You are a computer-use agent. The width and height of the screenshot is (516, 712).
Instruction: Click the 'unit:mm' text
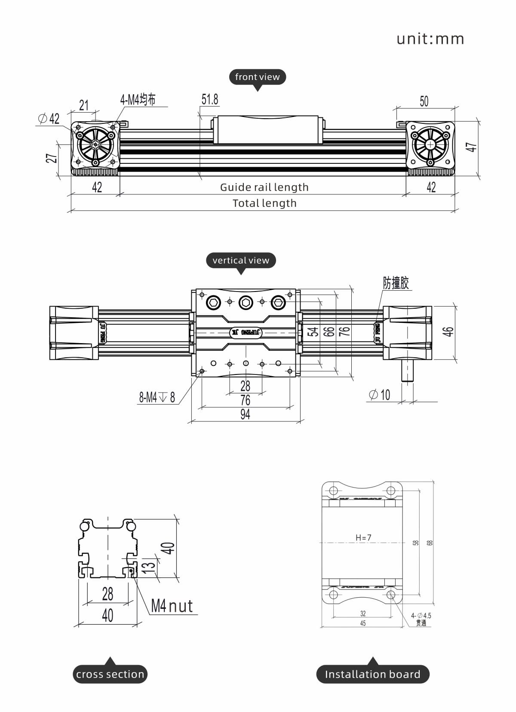click(x=430, y=39)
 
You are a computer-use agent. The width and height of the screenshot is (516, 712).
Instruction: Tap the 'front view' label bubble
click(x=257, y=77)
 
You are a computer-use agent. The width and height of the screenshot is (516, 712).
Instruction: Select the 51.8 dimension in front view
click(x=210, y=100)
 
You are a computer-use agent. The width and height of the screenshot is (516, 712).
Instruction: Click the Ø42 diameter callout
click(x=49, y=119)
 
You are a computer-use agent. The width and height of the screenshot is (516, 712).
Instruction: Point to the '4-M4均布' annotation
click(x=138, y=100)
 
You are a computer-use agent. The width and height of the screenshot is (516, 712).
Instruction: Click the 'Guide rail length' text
click(x=264, y=187)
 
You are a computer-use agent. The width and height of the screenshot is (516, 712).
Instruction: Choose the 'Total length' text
click(x=264, y=203)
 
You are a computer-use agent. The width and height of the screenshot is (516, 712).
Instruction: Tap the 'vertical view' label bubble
click(x=241, y=261)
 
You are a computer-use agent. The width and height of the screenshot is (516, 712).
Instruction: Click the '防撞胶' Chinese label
click(x=396, y=283)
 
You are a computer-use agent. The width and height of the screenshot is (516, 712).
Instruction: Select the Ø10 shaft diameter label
click(x=380, y=395)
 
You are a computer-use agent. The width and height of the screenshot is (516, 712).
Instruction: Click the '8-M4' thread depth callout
click(x=157, y=397)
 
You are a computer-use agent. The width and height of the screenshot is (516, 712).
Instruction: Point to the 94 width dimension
click(x=245, y=414)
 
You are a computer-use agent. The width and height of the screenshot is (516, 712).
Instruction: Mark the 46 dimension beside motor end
click(x=448, y=331)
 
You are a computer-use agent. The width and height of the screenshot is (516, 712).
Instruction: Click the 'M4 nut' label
click(x=172, y=606)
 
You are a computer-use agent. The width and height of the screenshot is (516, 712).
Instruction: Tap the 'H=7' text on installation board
click(x=363, y=538)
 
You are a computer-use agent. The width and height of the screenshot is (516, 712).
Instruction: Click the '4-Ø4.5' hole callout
click(x=421, y=616)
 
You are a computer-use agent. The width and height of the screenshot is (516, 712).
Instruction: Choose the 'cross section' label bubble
click(x=110, y=674)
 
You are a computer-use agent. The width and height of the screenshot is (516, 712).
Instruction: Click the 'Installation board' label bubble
click(x=372, y=674)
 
